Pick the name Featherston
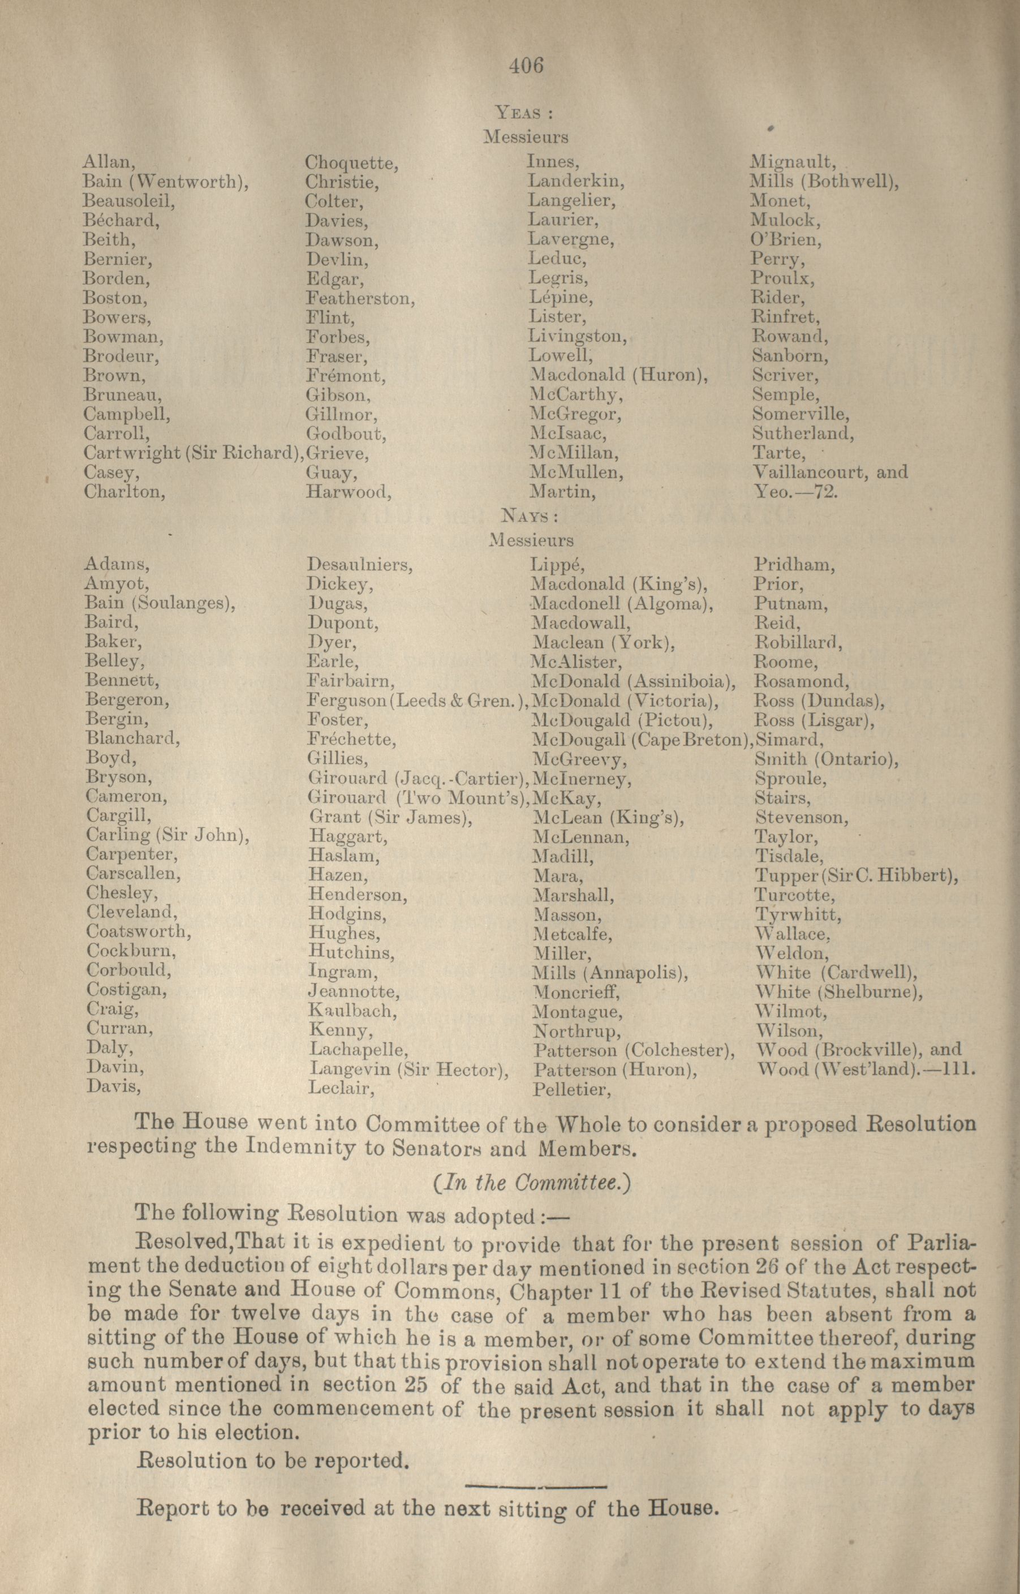(360, 298)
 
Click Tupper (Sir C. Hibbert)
(857, 876)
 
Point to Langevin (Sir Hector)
(408, 1069)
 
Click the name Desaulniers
(360, 565)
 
